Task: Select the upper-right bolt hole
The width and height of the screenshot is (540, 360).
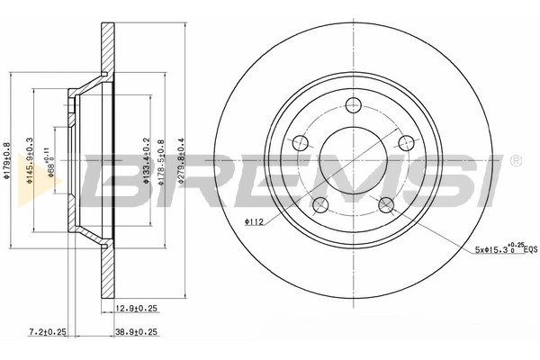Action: click(406, 141)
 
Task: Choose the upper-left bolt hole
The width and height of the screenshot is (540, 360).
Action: click(299, 141)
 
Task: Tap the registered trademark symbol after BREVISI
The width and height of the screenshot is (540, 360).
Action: click(514, 161)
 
